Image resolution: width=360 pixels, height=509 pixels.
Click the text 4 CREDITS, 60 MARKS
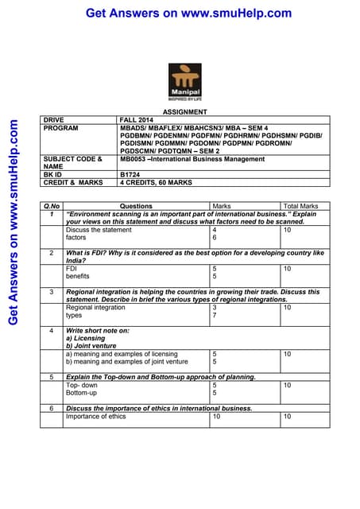click(156, 182)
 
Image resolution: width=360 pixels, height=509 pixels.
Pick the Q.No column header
click(52, 206)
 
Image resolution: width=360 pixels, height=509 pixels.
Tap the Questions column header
click(136, 206)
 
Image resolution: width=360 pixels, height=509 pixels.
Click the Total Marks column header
click(300, 206)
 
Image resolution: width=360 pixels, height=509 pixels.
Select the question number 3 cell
click(51, 292)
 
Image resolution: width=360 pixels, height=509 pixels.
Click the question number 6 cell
click(51, 408)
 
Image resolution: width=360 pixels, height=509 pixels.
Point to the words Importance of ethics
click(95, 416)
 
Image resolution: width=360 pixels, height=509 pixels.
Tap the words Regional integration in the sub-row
click(95, 307)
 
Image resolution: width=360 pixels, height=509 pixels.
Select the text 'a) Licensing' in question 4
click(87, 338)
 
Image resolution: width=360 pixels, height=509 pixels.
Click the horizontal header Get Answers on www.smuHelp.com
click(188, 14)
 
